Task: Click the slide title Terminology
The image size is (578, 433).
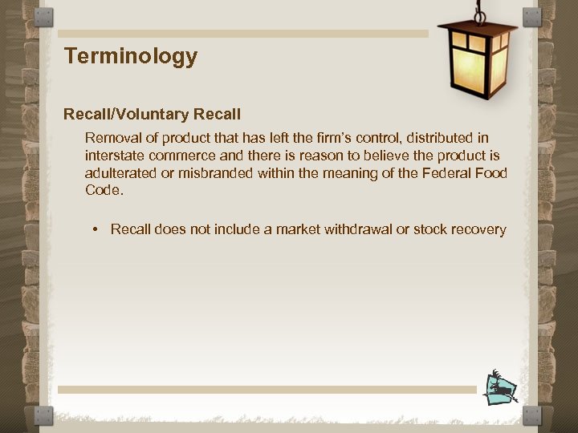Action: (x=131, y=56)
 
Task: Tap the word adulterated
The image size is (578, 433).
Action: (x=120, y=173)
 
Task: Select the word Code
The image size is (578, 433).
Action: (x=103, y=191)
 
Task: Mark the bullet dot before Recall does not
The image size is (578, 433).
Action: (x=95, y=230)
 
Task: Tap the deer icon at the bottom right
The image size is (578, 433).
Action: (x=502, y=388)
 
